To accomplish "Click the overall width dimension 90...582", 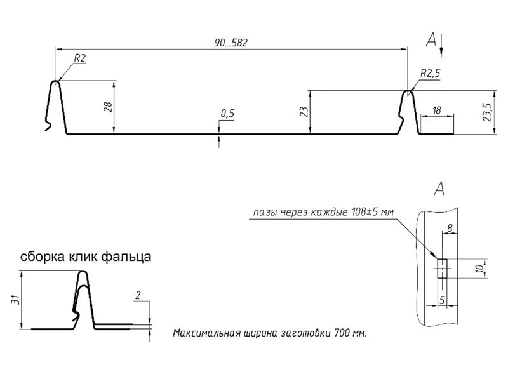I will [x=231, y=43].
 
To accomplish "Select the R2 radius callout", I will [x=80, y=58].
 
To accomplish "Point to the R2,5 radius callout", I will [x=429, y=73].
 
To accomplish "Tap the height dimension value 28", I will [x=108, y=107].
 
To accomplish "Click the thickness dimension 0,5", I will [x=227, y=113].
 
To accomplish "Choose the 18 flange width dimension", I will [x=436, y=110].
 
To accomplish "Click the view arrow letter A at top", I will [x=432, y=41].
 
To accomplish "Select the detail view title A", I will [x=438, y=188].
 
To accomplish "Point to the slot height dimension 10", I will [x=481, y=269].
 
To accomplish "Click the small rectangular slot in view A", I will [x=443, y=269].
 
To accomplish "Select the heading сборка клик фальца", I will [x=85, y=257].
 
